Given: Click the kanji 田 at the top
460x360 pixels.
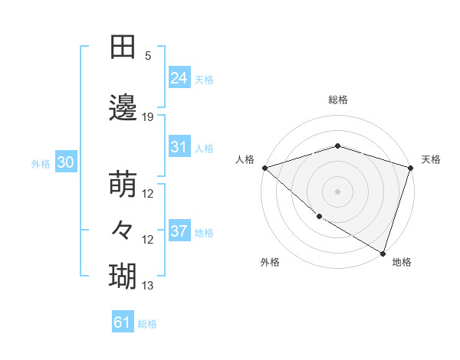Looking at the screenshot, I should click(123, 47).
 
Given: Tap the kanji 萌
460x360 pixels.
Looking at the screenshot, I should click(123, 186).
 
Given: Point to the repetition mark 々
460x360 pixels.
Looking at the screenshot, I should click(123, 229).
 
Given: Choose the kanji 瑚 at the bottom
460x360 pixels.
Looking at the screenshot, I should click(123, 275).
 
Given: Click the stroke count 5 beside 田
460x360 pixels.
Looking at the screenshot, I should click(148, 56).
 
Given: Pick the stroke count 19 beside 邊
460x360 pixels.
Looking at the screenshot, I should click(148, 117).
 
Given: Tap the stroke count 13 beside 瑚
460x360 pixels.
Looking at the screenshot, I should click(148, 286).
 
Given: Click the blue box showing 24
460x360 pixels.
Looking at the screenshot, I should click(179, 77).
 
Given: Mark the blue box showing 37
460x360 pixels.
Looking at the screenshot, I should click(179, 231).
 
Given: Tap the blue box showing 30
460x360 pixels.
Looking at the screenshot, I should click(65, 162).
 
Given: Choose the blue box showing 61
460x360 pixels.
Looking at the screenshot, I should click(122, 322).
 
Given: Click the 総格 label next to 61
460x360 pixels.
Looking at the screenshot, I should click(148, 324).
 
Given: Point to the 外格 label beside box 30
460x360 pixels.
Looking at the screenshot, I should click(41, 164).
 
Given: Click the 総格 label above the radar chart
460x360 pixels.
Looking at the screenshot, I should click(338, 100).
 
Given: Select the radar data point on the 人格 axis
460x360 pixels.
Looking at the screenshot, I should click(264, 167).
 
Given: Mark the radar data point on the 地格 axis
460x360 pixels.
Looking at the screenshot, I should click(383, 253).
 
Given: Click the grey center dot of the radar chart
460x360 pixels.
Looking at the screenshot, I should click(338, 191).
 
